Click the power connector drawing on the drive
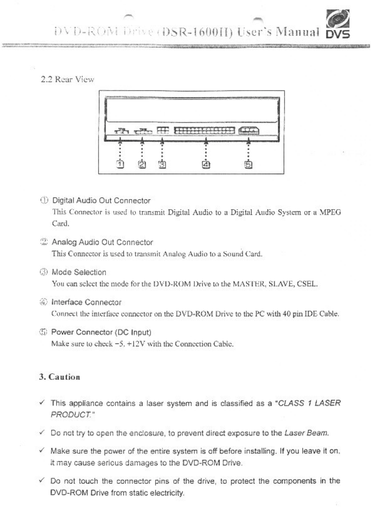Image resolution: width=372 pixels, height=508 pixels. tap(249, 130)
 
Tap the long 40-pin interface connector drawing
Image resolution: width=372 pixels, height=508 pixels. tap(204, 130)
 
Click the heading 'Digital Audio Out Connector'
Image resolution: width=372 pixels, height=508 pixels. tap(101, 201)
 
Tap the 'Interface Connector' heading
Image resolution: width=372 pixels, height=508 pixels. tap(87, 302)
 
